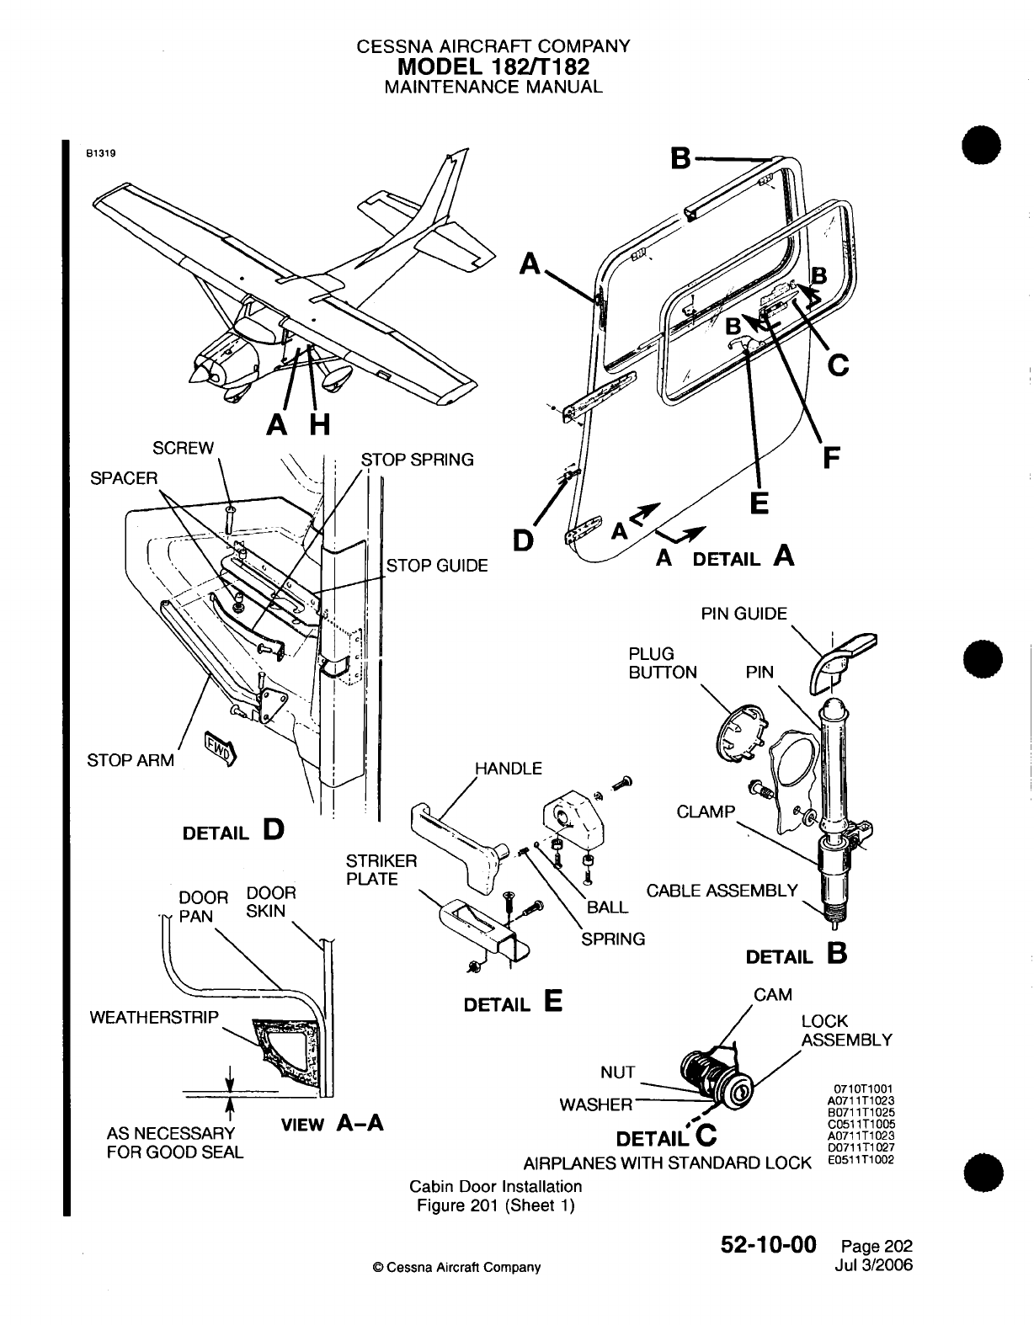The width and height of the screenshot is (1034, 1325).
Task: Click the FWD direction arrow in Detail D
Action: tap(221, 748)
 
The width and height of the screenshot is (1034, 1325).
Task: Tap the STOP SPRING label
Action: tap(417, 460)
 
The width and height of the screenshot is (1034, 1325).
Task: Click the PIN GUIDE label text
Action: tap(744, 614)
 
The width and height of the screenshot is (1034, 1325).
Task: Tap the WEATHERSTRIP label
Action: tap(153, 1017)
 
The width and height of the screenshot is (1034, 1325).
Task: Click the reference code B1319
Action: tap(99, 154)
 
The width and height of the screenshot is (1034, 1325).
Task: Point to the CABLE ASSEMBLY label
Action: tap(722, 891)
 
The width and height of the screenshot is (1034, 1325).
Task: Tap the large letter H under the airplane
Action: tap(319, 428)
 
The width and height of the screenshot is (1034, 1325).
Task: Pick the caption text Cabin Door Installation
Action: tap(495, 1186)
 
